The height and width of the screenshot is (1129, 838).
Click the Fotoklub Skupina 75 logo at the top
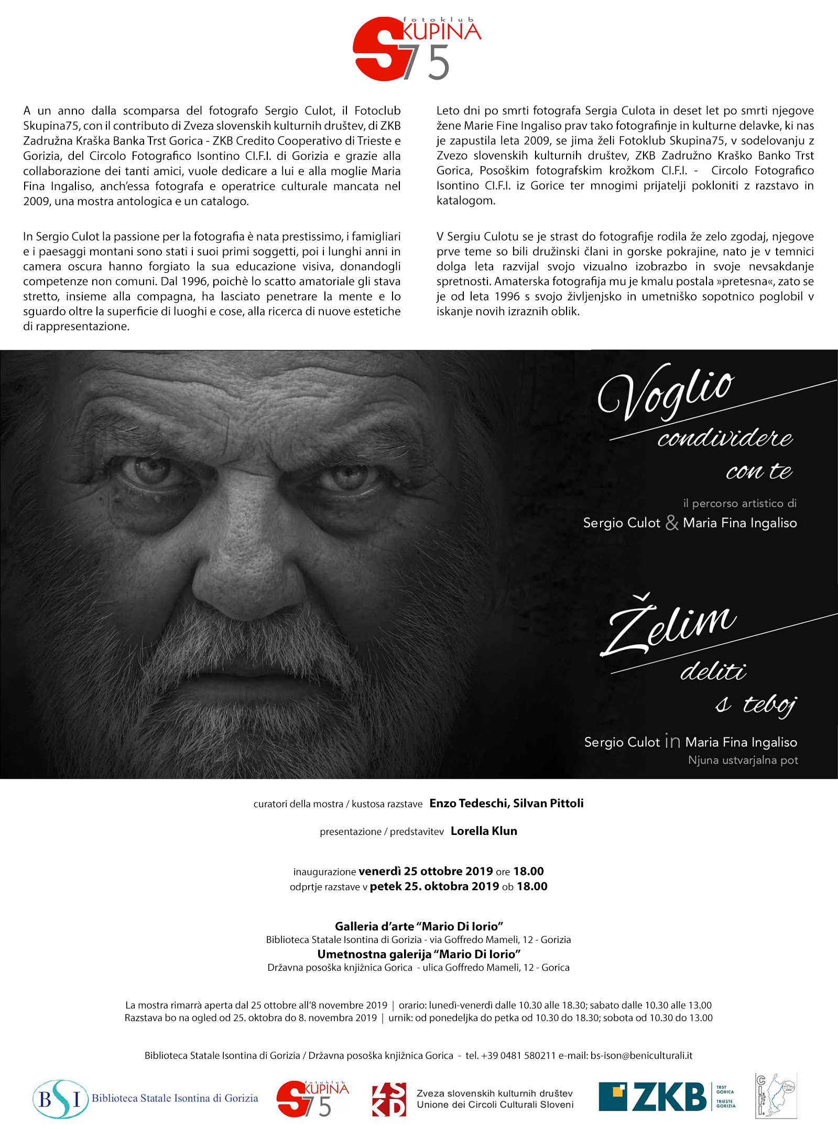pos(417,49)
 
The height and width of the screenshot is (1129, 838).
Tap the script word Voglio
pos(666,392)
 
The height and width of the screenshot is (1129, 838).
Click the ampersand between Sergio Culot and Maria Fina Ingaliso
pos(672,523)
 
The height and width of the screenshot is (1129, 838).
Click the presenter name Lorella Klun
pos(484,831)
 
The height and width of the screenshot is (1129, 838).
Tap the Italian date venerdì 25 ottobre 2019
pos(426,872)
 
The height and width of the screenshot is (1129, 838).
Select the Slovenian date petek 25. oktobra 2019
pos(434,886)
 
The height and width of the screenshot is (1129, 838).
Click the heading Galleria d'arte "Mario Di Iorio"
pos(419,927)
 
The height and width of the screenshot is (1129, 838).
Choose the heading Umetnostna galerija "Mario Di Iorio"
pos(419,954)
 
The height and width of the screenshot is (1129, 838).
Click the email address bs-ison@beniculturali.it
pos(641,1056)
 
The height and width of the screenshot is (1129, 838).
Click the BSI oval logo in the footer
pos(60,1099)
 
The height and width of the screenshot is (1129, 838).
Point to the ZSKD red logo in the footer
pos(388,1099)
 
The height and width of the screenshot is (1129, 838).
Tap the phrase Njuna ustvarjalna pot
pos(743,760)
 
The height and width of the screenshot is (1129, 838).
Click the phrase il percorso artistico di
pos(739,503)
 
